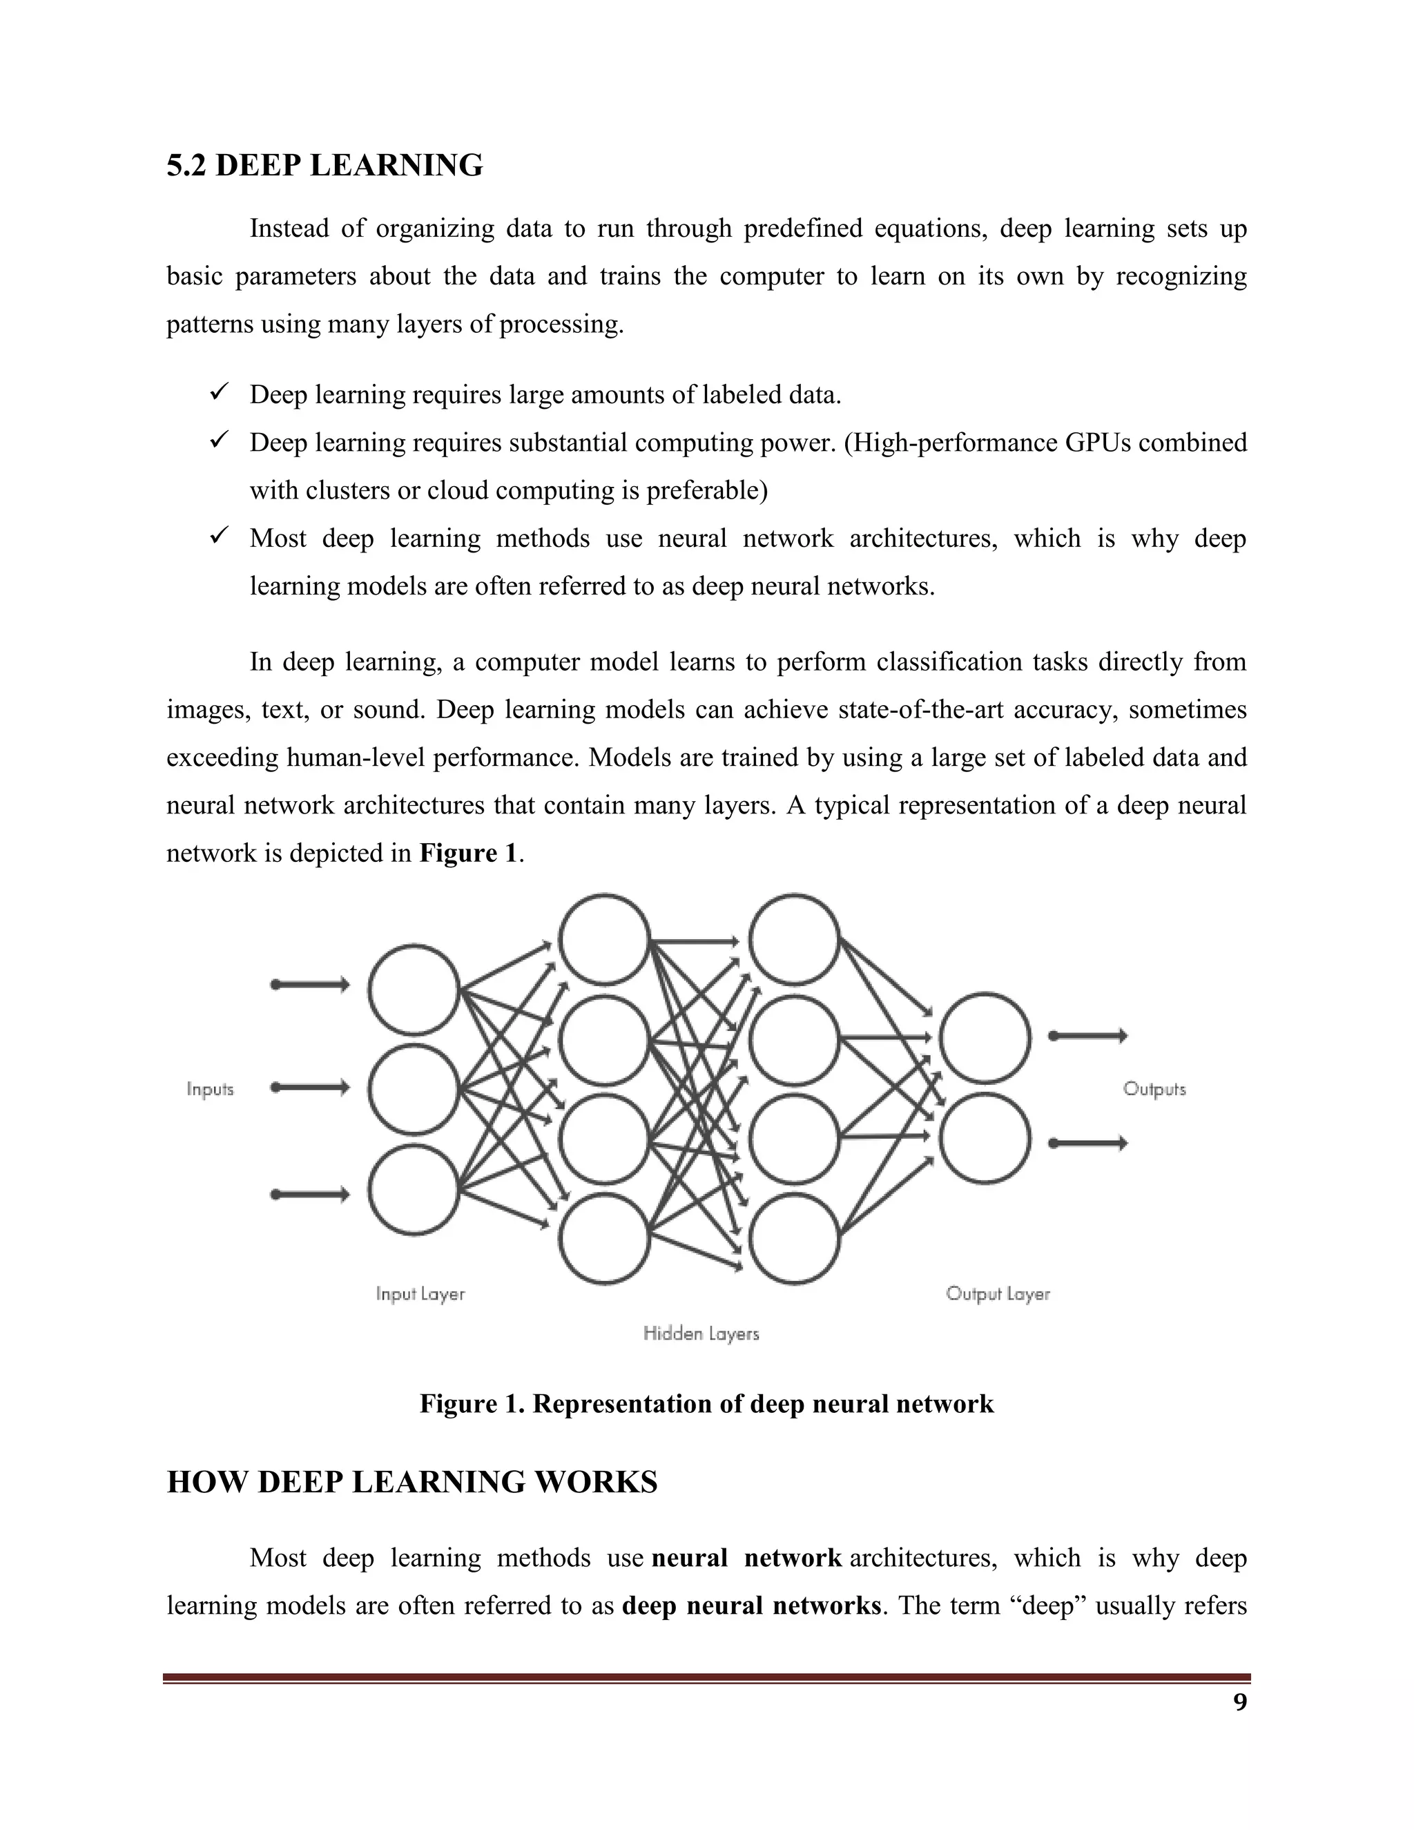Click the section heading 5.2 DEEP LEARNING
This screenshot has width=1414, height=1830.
[x=325, y=166]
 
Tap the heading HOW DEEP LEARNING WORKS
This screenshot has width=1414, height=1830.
[x=412, y=1481]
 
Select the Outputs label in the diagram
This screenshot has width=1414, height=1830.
[x=1154, y=1089]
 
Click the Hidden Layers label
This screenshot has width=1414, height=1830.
[x=701, y=1333]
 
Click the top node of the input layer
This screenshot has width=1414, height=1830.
[x=414, y=990]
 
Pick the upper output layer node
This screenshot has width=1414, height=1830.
[x=985, y=1037]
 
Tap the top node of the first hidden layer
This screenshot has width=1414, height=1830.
[x=605, y=939]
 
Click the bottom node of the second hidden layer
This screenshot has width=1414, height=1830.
[x=794, y=1238]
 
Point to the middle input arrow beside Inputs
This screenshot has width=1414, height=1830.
[x=309, y=1088]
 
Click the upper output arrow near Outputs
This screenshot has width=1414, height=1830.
[x=1087, y=1037]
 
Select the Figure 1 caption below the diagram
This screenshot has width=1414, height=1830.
[x=706, y=1403]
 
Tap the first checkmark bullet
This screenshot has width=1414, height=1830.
[x=220, y=392]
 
